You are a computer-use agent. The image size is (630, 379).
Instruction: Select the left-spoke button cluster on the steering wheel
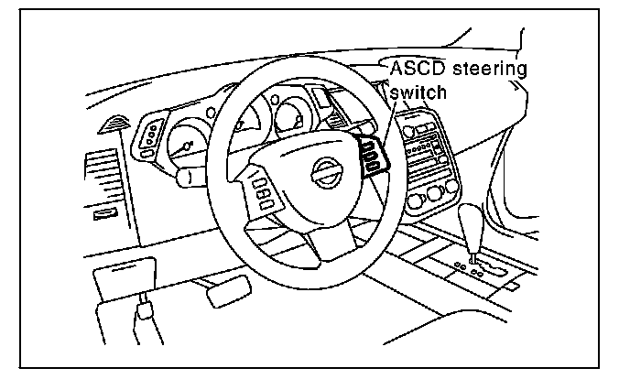260,193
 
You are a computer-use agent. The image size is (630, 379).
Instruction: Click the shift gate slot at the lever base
475,267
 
